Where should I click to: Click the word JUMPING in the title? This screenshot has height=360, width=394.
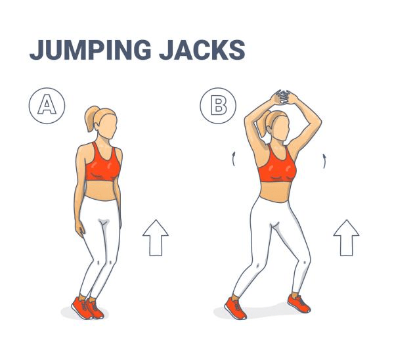coord(90,50)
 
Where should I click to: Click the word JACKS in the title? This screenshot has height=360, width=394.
coord(202,50)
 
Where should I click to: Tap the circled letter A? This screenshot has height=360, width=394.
coord(47,106)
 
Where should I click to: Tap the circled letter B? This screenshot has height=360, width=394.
coord(218,106)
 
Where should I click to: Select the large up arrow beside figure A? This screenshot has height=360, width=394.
coord(156,238)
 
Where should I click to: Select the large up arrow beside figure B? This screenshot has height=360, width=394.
coord(346,238)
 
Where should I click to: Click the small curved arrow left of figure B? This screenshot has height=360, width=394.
coord(234,159)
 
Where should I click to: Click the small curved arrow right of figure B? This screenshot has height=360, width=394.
coord(324,161)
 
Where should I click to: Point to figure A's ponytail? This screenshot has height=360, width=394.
coord(91,118)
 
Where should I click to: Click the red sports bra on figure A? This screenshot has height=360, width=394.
coord(102,164)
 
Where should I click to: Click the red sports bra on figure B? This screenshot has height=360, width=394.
coord(277,165)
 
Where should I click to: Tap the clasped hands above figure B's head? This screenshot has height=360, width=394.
coord(283,97)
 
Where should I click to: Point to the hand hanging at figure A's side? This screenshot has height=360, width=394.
coord(81,229)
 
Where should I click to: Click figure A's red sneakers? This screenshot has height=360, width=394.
coord(87,308)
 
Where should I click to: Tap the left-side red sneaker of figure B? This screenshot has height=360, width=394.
coord(235,308)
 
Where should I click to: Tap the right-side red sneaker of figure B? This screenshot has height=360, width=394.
coord(299,304)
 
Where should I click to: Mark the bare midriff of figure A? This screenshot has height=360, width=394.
coord(100,191)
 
